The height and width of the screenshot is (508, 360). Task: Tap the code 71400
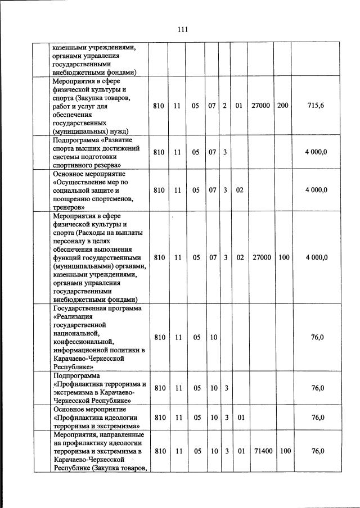pyautogui.click(x=262, y=451)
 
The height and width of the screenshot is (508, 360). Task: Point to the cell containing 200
pyautogui.click(x=283, y=105)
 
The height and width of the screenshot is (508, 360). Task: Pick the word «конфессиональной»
pyautogui.click(x=82, y=341)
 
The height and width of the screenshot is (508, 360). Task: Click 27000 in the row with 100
pyautogui.click(x=262, y=257)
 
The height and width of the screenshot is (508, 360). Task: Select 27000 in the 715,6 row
pyautogui.click(x=262, y=105)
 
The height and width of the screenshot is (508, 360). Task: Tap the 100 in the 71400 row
pyautogui.click(x=283, y=451)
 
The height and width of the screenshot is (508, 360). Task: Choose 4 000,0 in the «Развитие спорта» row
pyautogui.click(x=316, y=152)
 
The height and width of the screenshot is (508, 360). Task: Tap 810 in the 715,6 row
pyautogui.click(x=159, y=105)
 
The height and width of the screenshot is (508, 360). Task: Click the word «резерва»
pyautogui.click(x=106, y=166)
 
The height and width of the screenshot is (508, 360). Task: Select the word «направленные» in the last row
pyautogui.click(x=122, y=435)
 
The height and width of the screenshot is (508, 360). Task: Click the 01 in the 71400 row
pyautogui.click(x=239, y=451)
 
